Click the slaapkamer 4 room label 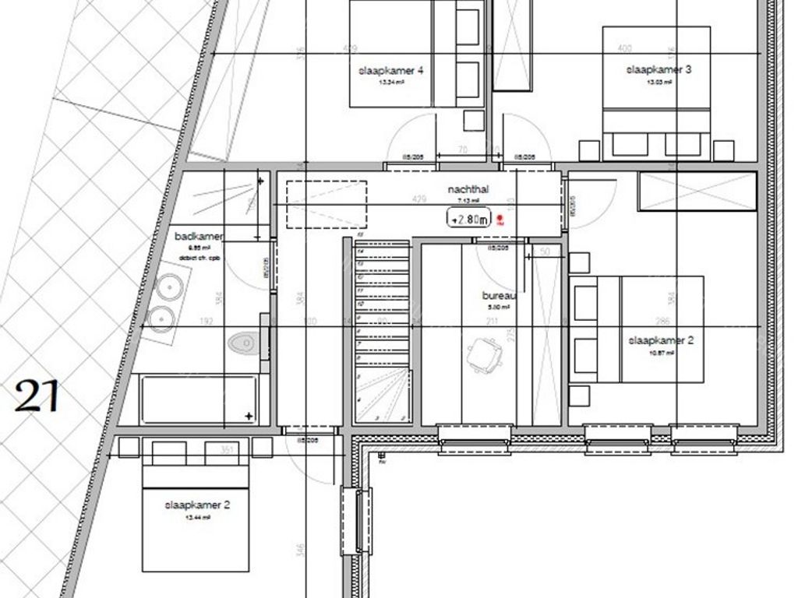coord(390,70)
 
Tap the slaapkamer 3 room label coord(659,69)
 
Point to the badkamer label coord(199,236)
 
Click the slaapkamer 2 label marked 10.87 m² coord(660,340)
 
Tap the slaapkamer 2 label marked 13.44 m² coord(197,505)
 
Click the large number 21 coord(37,396)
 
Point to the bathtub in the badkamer coord(199,399)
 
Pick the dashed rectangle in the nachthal coord(326,205)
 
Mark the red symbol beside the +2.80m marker coord(500,220)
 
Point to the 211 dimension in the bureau coord(492,321)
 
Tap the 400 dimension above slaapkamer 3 coord(624,48)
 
